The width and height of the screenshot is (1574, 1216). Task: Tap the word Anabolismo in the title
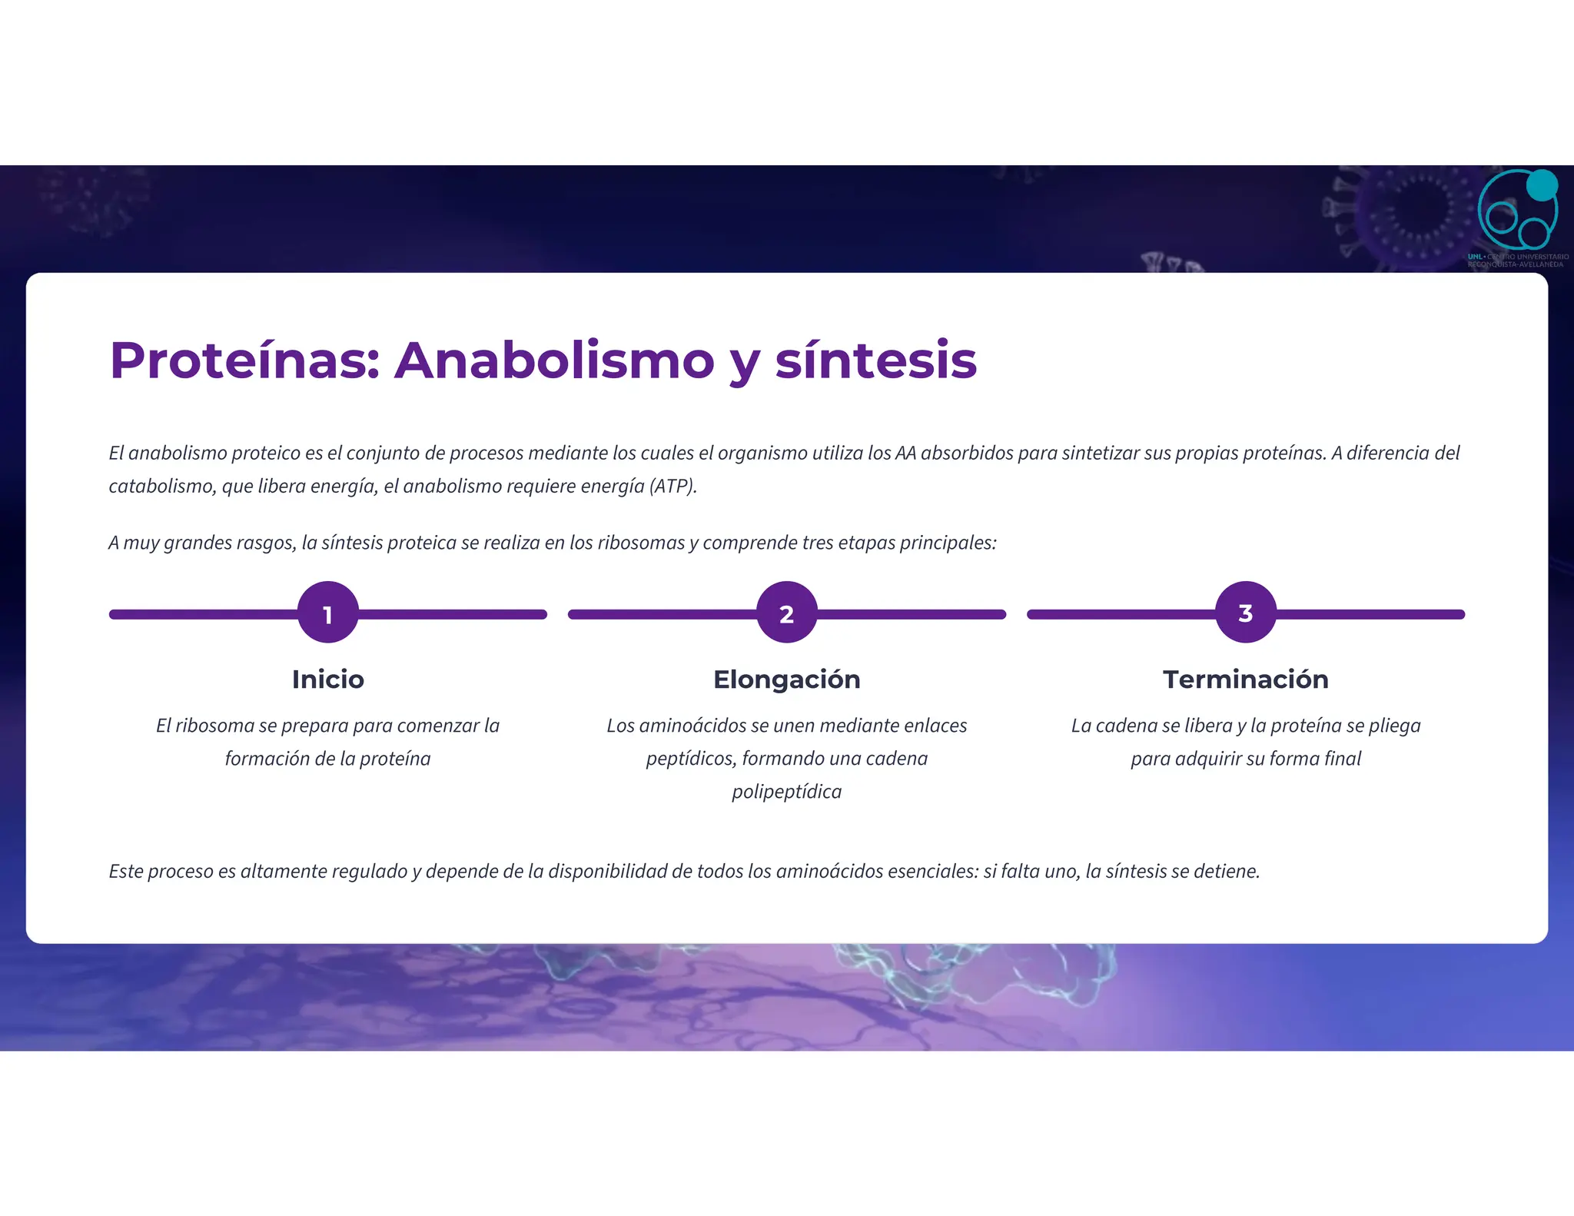click(x=554, y=360)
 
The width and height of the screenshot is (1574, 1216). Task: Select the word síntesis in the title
click(x=875, y=360)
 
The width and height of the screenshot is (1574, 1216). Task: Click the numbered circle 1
click(x=327, y=613)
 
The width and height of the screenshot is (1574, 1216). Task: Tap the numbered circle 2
click(x=786, y=613)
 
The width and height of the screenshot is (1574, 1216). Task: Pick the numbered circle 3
click(x=1245, y=613)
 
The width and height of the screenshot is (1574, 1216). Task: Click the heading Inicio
click(x=327, y=679)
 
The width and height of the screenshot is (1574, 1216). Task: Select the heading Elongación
click(x=786, y=679)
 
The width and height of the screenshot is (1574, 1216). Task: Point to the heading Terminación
click(x=1245, y=679)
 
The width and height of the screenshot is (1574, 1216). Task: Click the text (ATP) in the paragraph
click(x=672, y=487)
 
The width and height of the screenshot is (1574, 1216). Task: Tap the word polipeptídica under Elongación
click(x=786, y=792)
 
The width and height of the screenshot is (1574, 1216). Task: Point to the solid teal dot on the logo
click(x=1541, y=185)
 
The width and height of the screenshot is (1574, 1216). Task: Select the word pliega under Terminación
click(x=1394, y=726)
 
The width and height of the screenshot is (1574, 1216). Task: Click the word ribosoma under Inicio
click(x=214, y=726)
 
